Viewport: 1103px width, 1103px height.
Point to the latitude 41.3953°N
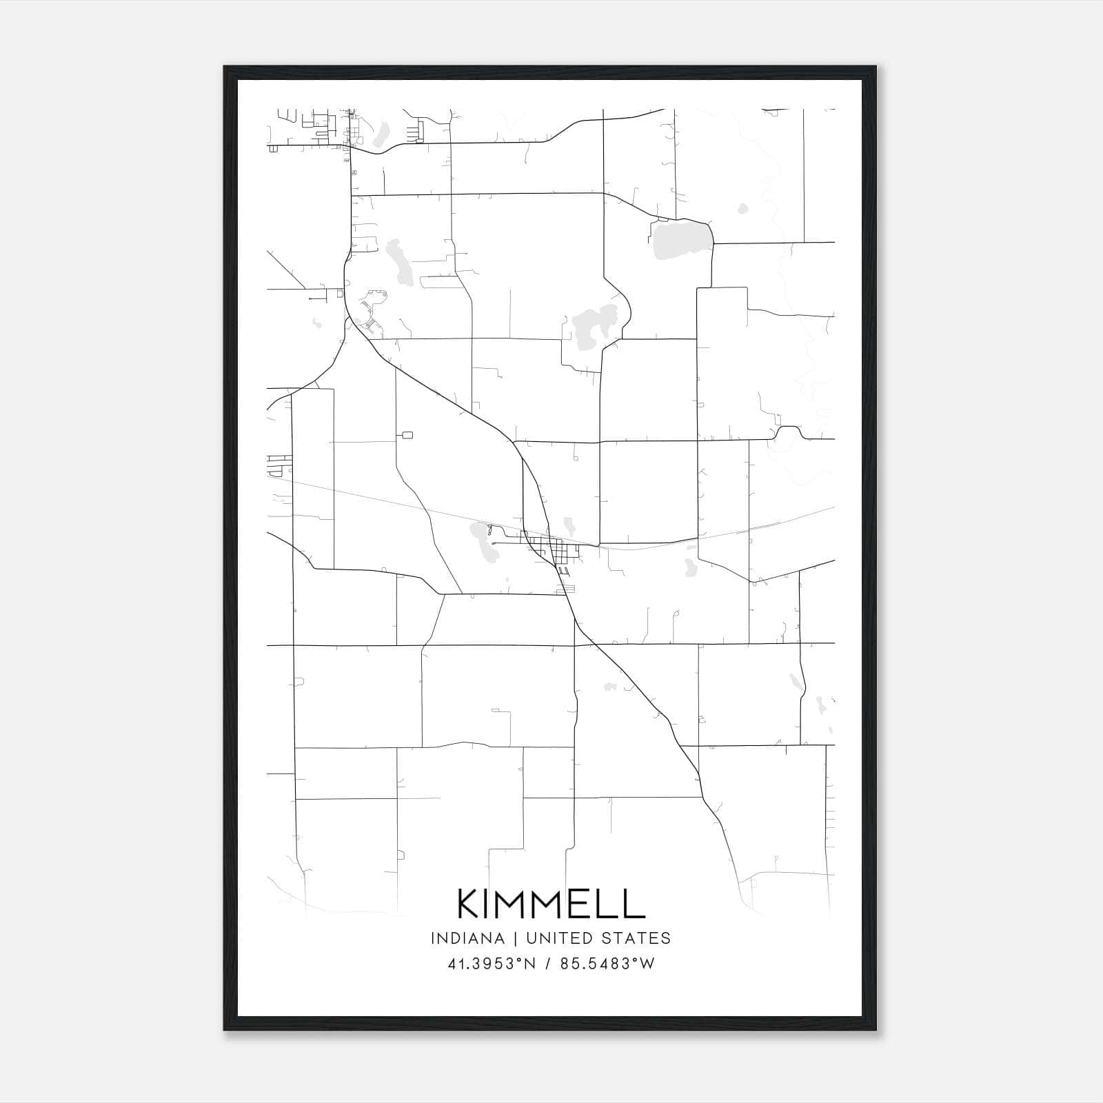click(492, 964)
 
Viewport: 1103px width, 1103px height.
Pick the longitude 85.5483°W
click(607, 964)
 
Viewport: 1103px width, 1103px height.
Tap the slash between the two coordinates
click(548, 964)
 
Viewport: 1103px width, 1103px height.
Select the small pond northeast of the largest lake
click(742, 208)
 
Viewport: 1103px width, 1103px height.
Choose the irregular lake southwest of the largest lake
click(594, 321)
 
